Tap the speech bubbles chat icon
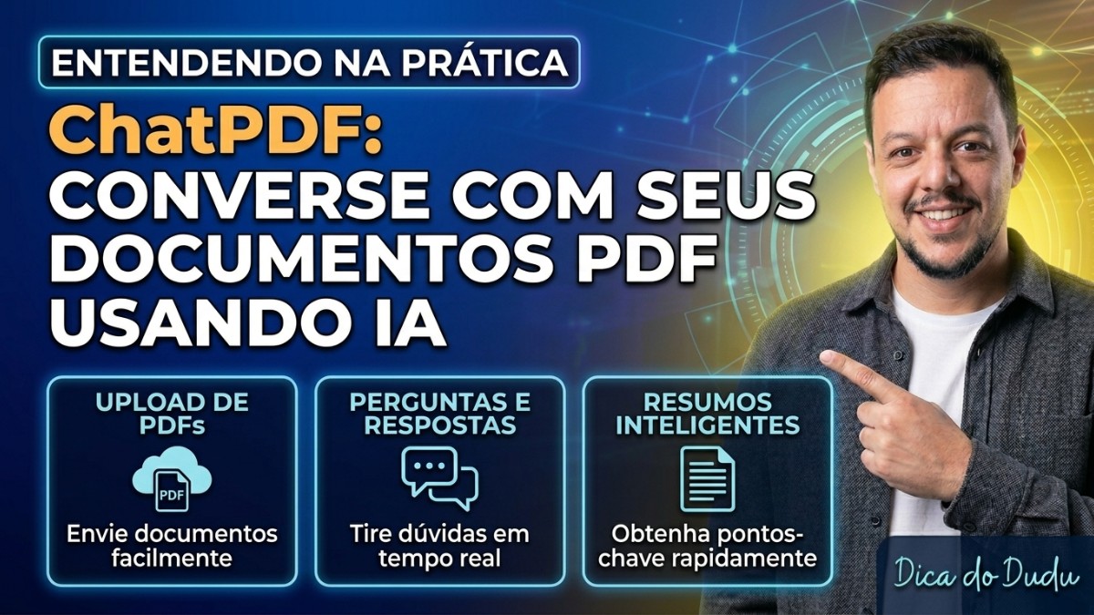pyautogui.click(x=440, y=477)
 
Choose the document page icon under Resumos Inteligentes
pyautogui.click(x=707, y=477)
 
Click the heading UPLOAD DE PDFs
pyautogui.click(x=172, y=414)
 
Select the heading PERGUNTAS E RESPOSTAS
pyautogui.click(x=440, y=414)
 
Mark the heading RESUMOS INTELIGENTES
pyautogui.click(x=707, y=414)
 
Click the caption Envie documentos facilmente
pyautogui.click(x=172, y=545)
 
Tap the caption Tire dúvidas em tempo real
pyautogui.click(x=440, y=545)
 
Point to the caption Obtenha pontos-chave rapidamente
pyautogui.click(x=707, y=545)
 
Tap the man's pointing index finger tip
pyautogui.click(x=826, y=356)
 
